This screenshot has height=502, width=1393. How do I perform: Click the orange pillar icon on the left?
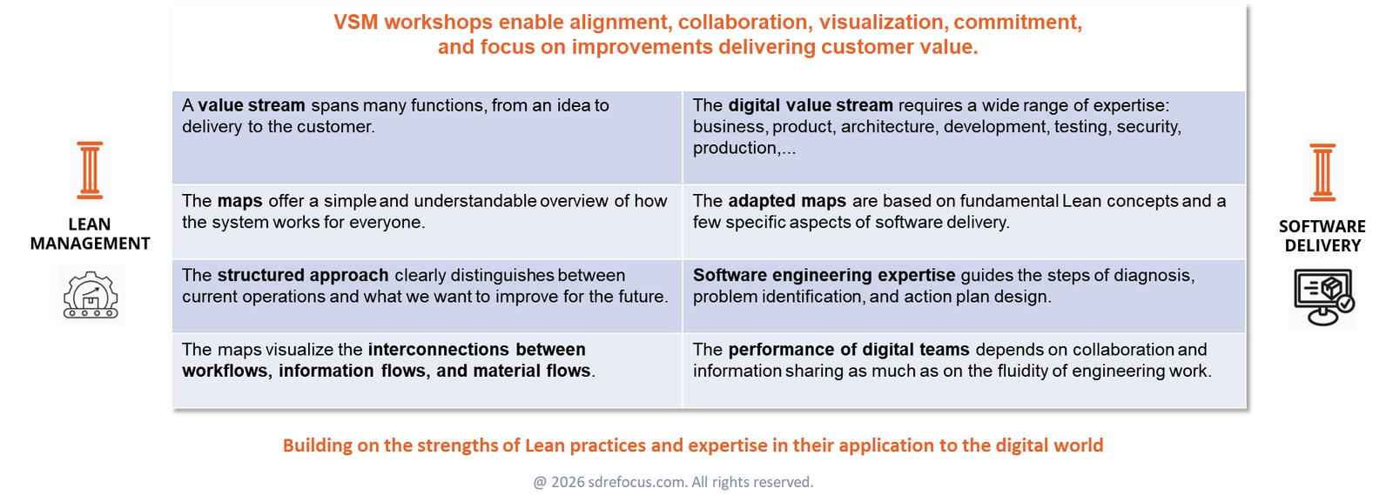point(90,171)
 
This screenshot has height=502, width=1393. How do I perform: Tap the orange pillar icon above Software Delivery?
point(1322,172)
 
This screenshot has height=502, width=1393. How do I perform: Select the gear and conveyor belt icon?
point(90,294)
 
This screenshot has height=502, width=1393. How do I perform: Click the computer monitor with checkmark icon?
point(1323,298)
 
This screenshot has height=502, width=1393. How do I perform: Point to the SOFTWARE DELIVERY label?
point(1322,236)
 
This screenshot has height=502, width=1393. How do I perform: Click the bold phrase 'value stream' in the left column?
point(252,105)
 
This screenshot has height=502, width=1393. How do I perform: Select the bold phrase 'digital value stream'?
point(810,105)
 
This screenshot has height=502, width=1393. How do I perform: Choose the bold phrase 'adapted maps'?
point(787,201)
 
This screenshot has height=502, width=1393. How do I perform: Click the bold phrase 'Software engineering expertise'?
point(824,275)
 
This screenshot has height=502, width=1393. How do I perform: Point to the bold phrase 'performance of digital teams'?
point(848,350)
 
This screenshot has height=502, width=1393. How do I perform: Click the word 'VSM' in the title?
point(356,23)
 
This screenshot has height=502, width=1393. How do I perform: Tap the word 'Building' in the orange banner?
point(317,445)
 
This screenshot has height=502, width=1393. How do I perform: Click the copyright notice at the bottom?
point(673,481)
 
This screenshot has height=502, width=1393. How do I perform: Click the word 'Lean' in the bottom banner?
point(544,445)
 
